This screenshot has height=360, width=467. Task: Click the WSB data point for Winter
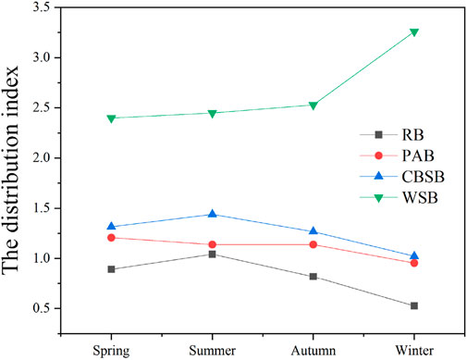click(414, 32)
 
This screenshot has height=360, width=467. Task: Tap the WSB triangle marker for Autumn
click(313, 106)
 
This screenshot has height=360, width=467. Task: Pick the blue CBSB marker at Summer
click(213, 214)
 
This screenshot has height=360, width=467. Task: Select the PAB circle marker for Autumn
click(313, 244)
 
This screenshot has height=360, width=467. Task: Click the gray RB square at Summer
click(213, 254)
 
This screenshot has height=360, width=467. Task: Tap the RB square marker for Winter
click(414, 305)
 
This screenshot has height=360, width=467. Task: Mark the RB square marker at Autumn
click(313, 277)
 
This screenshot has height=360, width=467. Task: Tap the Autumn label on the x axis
click(313, 350)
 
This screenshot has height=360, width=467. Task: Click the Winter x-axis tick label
click(414, 350)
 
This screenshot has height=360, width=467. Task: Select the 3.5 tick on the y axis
click(57, 7)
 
